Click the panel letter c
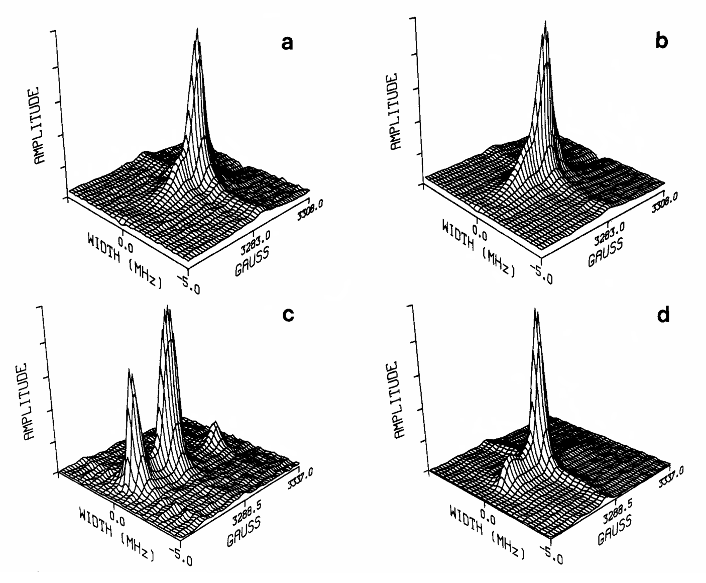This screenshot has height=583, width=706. click(x=288, y=315)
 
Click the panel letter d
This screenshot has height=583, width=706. click(x=663, y=315)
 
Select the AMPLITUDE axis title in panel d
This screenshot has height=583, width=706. click(x=400, y=399)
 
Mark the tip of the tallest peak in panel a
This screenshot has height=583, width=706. click(x=197, y=29)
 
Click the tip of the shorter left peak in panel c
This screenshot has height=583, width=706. click(x=130, y=370)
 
